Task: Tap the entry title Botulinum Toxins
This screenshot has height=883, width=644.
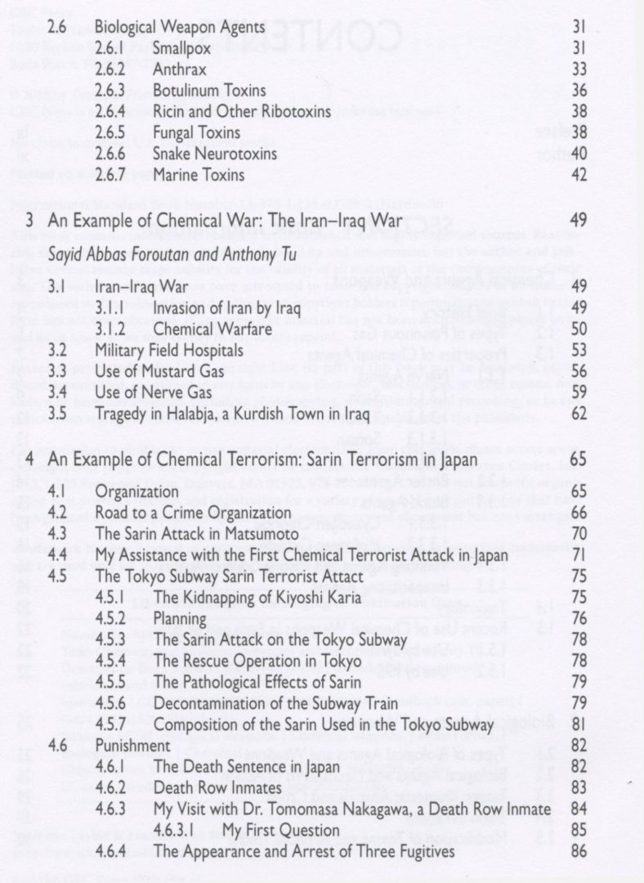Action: coord(208,90)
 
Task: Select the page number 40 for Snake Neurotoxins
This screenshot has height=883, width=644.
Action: coord(579,154)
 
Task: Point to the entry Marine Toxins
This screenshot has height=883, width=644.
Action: coord(199,175)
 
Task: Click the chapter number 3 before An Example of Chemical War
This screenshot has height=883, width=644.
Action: coord(29,220)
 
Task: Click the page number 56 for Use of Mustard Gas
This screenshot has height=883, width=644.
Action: coord(579,372)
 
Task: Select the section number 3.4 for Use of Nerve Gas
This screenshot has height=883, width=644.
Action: coord(56,393)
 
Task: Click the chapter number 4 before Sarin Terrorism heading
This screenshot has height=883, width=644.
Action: coord(29,459)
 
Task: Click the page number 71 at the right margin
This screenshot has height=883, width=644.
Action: coord(579,555)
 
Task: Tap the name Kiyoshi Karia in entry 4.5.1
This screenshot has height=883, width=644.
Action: coord(315,597)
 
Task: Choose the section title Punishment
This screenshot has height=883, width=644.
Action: coord(133,746)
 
